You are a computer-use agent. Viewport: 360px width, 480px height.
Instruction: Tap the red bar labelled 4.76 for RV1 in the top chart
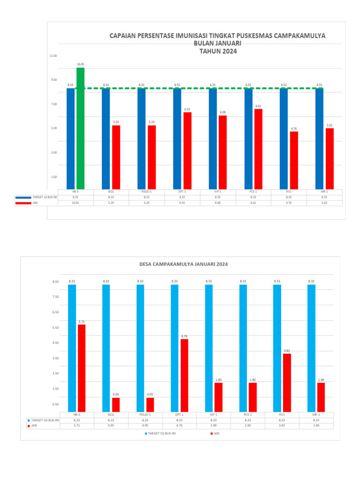tap(294, 160)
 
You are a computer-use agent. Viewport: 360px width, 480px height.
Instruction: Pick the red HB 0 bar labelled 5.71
tap(82, 368)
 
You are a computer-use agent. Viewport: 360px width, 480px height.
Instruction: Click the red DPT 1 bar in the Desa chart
tap(184, 375)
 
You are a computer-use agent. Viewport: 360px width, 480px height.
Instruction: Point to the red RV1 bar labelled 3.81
tap(287, 382)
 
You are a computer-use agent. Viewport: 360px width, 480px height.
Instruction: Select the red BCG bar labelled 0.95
tap(116, 405)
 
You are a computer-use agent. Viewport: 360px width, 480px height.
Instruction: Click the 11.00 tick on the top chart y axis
tap(53, 56)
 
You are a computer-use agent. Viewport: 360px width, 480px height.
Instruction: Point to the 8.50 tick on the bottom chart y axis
tap(55, 282)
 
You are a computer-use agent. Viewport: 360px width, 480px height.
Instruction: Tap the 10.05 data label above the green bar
tap(81, 64)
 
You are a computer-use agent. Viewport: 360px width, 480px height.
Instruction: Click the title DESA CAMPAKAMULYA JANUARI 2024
tap(184, 264)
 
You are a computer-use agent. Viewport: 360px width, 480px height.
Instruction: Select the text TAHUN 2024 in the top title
tap(218, 52)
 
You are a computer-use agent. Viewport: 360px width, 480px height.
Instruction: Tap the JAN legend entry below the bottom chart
tap(215, 434)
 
